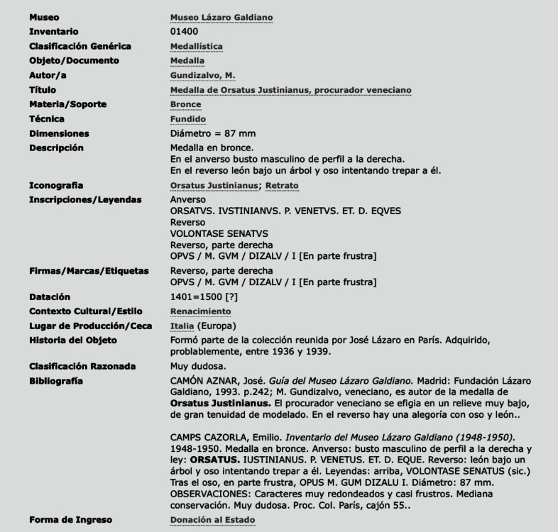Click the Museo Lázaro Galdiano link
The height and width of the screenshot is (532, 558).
221,17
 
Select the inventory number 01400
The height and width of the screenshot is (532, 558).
185,31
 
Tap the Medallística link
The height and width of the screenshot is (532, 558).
197,46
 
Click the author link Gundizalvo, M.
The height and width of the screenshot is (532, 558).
202,75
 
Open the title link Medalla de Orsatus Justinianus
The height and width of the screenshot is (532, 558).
290,90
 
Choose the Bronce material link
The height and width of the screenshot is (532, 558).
186,104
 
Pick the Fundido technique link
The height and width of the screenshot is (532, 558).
188,119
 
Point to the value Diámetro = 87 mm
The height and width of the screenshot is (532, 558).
213,133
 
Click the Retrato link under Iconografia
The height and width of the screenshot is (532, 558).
282,186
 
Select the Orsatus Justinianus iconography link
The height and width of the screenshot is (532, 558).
214,186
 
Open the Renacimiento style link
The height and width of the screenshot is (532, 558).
201,311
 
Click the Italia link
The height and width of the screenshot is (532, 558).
182,326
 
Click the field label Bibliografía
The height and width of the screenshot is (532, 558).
56,381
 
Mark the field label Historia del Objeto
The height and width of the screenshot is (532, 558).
73,340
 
